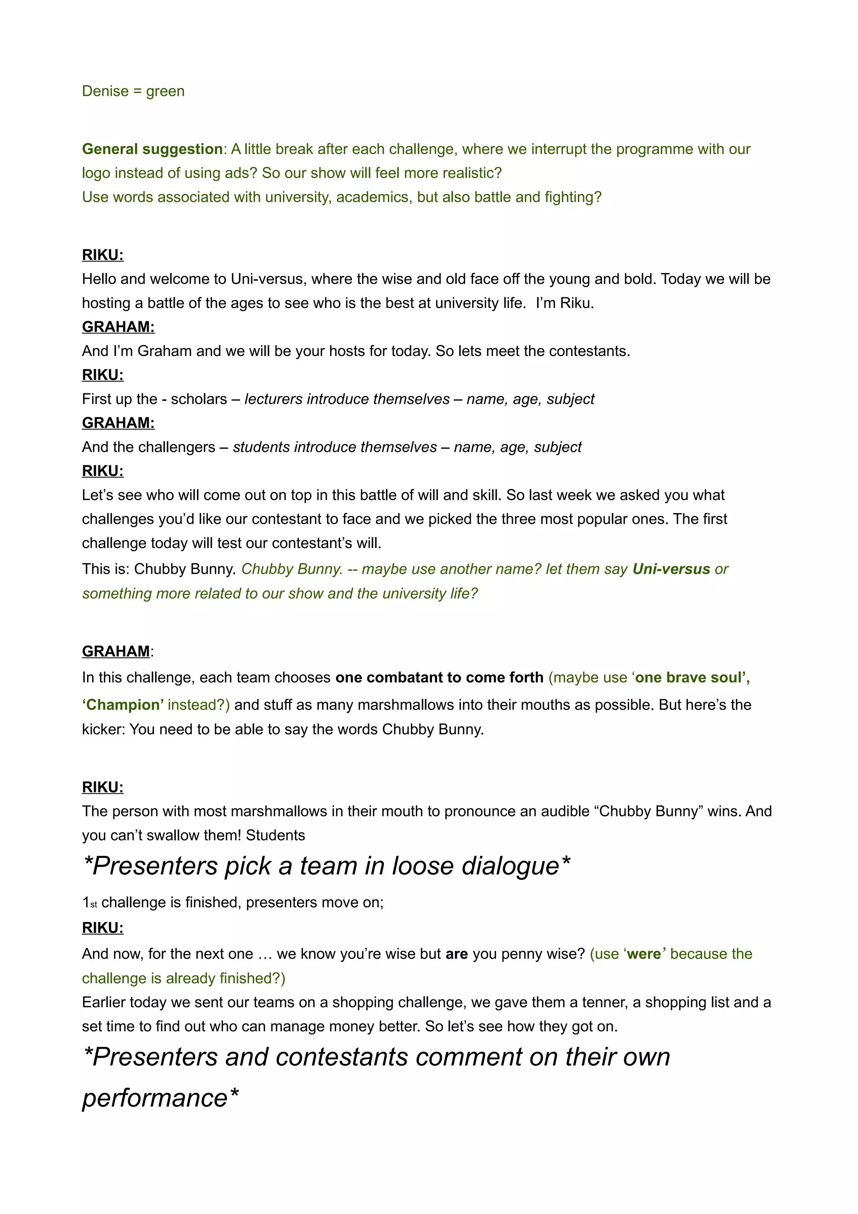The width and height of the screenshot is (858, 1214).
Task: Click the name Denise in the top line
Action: [105, 91]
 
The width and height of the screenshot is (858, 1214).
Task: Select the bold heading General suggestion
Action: [152, 149]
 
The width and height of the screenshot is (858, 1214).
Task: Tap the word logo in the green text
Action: [96, 173]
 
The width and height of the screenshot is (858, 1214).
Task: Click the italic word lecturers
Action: [273, 399]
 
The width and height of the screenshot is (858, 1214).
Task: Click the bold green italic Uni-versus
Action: [671, 569]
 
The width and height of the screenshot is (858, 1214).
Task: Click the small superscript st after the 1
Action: [93, 905]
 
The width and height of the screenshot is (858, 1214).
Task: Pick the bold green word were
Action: [644, 954]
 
